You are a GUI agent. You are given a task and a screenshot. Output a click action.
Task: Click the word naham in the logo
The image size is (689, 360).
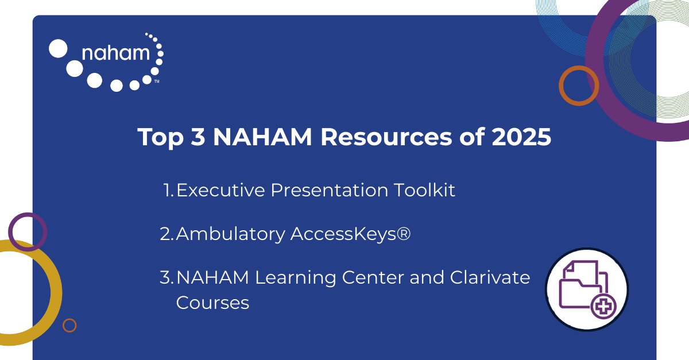click(116, 54)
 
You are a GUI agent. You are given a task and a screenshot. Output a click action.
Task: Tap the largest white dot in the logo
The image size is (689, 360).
click(58, 48)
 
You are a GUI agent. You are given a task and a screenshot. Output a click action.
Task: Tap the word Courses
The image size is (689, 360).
click(212, 302)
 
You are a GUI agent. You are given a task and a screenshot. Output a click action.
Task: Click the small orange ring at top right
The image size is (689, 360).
click(579, 85)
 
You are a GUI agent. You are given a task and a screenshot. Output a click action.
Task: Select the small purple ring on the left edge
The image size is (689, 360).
click(27, 231)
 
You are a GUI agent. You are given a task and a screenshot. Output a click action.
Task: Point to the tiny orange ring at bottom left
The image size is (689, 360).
click(69, 326)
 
